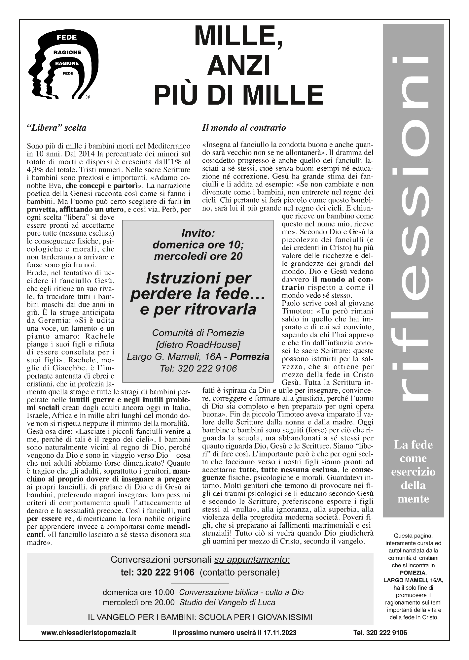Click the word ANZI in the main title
point(238,66)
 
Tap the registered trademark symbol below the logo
point(88,97)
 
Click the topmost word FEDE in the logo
point(67,38)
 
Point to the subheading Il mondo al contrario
point(244,128)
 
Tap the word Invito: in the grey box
point(198,234)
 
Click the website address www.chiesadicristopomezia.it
point(89,633)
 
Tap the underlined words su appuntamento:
point(252,559)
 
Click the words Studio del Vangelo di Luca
point(228,602)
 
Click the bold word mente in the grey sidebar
point(413,499)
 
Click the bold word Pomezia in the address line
point(250,357)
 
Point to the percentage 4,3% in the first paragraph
point(36,170)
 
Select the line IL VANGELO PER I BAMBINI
point(200,617)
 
